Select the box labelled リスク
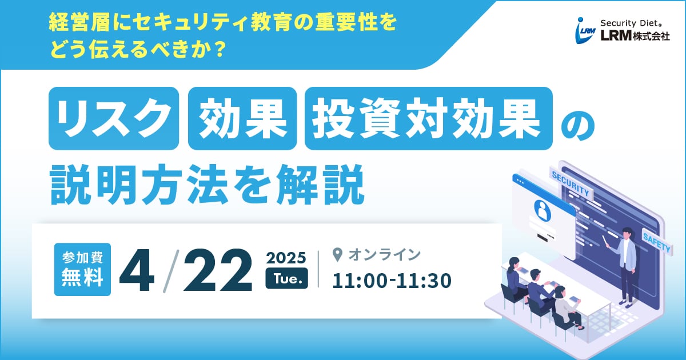pos(114,118)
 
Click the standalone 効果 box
pos(242,118)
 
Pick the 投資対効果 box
pos(428,118)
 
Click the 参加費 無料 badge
pos(82,269)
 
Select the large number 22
pos(218,270)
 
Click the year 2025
pos(286,258)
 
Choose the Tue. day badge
pos(286,278)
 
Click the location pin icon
pos(337,255)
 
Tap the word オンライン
pos(385,255)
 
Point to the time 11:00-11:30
pos(392,281)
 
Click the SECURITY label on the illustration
pos(571,183)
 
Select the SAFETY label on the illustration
pos(657,242)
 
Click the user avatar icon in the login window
pos(543,210)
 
